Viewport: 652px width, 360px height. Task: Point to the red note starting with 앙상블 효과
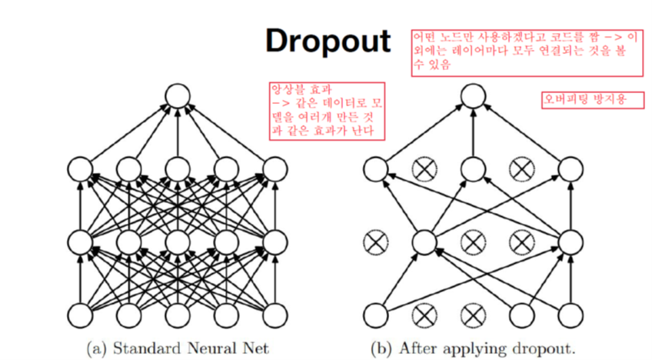tap(324, 111)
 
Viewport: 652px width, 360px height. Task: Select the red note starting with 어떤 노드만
tap(527, 52)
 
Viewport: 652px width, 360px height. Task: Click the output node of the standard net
tap(178, 97)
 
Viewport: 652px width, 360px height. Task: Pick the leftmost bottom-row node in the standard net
tap(81, 315)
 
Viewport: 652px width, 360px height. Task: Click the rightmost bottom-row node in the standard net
tap(274, 315)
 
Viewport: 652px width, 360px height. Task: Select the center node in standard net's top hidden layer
tap(178, 168)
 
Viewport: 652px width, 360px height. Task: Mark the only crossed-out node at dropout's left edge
tap(375, 242)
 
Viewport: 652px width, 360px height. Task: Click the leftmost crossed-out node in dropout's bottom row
tap(424, 315)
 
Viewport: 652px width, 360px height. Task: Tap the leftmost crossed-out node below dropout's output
tap(424, 168)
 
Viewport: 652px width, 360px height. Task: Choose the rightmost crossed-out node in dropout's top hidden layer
tap(521, 168)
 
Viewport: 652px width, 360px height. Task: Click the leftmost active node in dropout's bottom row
tap(375, 315)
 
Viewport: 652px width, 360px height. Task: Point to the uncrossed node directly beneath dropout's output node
tap(472, 168)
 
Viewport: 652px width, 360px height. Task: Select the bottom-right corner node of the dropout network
tap(569, 315)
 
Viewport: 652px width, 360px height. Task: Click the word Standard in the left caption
tap(141, 348)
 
